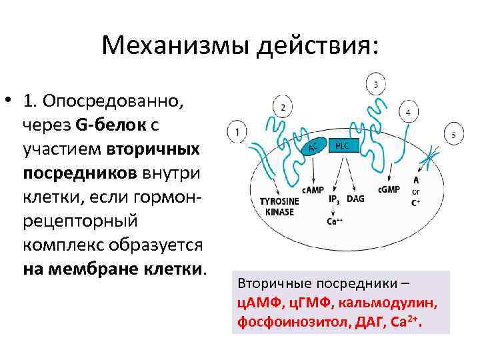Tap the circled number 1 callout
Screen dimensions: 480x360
pyautogui.click(x=237, y=132)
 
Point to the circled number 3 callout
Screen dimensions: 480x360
pyautogui.click(x=376, y=84)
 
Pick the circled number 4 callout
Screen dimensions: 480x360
pyautogui.click(x=407, y=111)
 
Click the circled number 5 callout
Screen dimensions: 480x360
pyautogui.click(x=453, y=135)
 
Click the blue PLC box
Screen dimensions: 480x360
pyautogui.click(x=341, y=145)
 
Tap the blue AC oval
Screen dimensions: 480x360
pyautogui.click(x=315, y=148)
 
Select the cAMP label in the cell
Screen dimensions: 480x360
pyautogui.click(x=312, y=190)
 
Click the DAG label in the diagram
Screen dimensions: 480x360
pyautogui.click(x=355, y=199)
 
